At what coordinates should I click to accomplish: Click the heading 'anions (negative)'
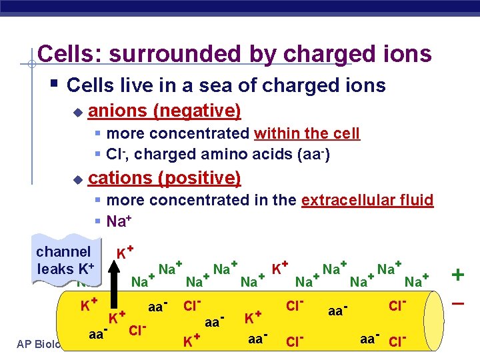pyautogui.click(x=164, y=109)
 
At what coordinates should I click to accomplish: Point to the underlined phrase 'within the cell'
pyautogui.click(x=307, y=133)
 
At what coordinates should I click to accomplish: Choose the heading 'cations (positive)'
pyautogui.click(x=164, y=178)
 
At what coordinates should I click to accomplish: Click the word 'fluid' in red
pyautogui.click(x=416, y=200)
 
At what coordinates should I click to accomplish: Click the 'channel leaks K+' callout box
pyautogui.click(x=65, y=260)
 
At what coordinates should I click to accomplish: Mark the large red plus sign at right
pyautogui.click(x=458, y=274)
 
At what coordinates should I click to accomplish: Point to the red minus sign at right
pyautogui.click(x=458, y=303)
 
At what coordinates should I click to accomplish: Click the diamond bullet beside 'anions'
pyautogui.click(x=77, y=111)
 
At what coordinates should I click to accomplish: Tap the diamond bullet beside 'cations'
pyautogui.click(x=77, y=179)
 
